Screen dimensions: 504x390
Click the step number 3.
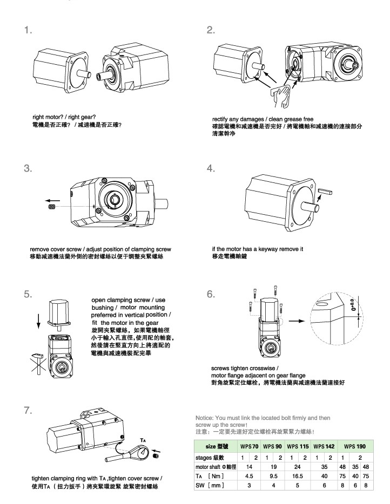27,168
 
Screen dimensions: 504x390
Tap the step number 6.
211,295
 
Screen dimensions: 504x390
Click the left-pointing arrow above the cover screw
52,197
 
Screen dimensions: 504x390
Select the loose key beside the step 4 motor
326,190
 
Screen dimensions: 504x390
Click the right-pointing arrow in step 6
295,321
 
